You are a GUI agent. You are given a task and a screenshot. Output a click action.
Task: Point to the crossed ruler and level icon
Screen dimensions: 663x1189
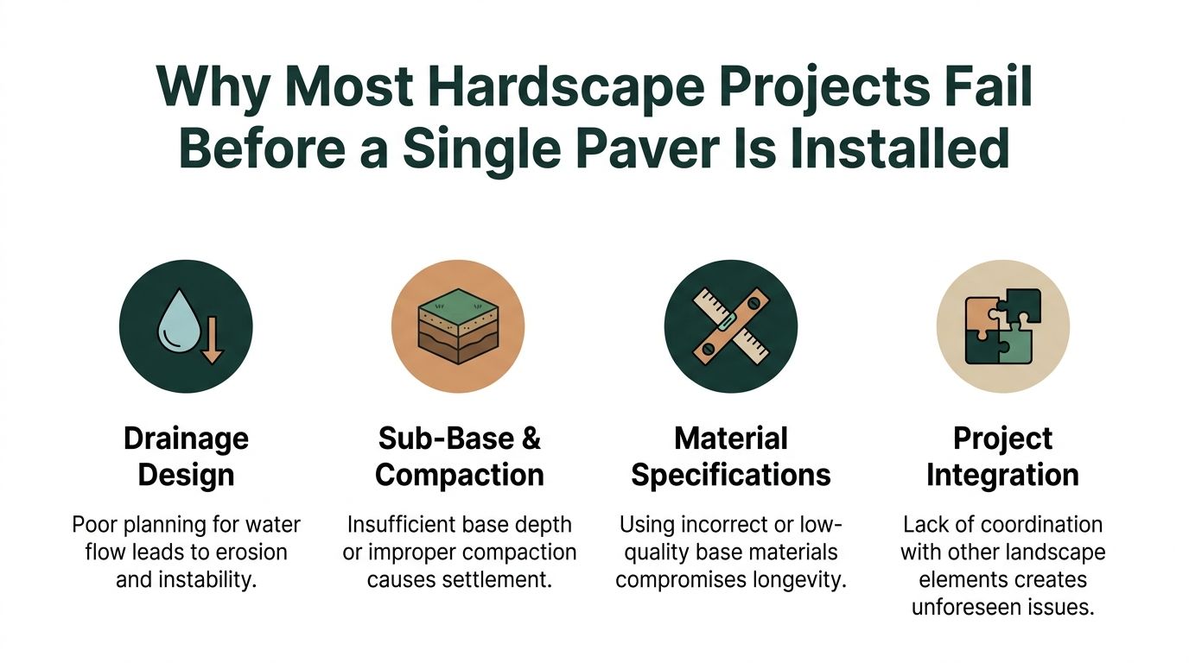[x=730, y=325]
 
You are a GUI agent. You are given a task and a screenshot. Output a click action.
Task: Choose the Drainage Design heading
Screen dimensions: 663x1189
[x=186, y=457]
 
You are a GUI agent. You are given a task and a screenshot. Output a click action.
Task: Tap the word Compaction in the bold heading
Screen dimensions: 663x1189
[x=459, y=475]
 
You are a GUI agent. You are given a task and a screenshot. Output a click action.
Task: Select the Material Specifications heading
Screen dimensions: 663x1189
[x=730, y=457]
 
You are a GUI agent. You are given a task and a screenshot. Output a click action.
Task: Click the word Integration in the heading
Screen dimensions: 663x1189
[x=1002, y=475]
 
